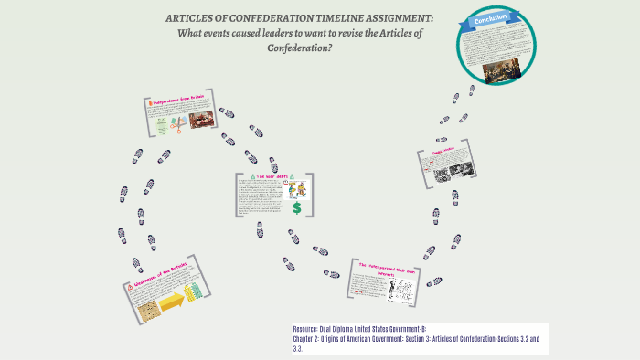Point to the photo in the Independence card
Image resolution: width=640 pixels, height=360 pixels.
pos(200,119)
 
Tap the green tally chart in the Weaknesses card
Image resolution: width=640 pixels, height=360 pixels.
pos(193,291)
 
